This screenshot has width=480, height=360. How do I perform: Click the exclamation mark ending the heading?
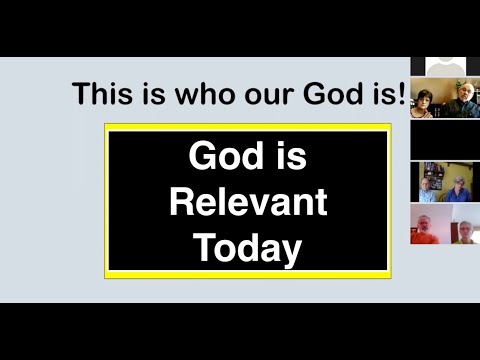[400, 94]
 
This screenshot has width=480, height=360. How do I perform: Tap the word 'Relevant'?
[247, 202]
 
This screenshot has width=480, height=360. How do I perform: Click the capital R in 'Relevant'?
[180, 202]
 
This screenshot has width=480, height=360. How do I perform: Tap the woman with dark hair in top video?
[424, 101]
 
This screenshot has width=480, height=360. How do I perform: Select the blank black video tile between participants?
[444, 141]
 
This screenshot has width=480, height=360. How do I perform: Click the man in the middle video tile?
[428, 186]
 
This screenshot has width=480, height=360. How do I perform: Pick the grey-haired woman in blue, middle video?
[460, 187]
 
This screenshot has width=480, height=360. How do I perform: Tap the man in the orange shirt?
[427, 228]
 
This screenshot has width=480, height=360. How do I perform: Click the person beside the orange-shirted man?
[463, 230]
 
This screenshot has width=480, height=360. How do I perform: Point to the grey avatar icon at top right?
[445, 66]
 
